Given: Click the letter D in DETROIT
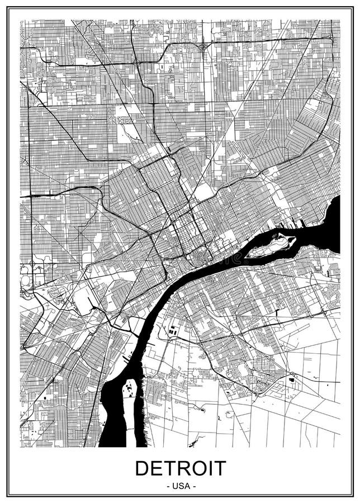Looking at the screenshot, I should tap(143, 468).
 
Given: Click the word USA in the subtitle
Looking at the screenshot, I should tap(181, 486).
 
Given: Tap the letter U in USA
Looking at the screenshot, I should tap(174, 486).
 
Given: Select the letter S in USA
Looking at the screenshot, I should tap(181, 486).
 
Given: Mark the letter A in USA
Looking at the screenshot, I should tap(187, 486).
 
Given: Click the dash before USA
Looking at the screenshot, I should tap(167, 486).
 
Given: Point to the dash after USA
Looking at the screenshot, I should tap(194, 486).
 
